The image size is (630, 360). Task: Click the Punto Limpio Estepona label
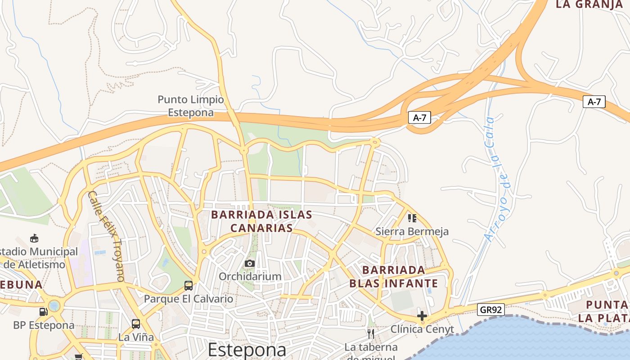pyautogui.click(x=190, y=106)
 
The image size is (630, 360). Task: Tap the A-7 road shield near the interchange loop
pyautogui.click(x=419, y=118)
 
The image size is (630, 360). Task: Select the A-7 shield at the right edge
pyautogui.click(x=594, y=102)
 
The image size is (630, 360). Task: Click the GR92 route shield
pyautogui.click(x=491, y=310)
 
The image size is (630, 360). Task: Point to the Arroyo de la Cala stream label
pyautogui.click(x=496, y=179)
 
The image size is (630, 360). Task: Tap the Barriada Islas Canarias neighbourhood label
pyautogui.click(x=261, y=221)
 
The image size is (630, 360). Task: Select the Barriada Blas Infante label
pyautogui.click(x=394, y=276)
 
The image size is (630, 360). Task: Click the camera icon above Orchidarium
pyautogui.click(x=250, y=263)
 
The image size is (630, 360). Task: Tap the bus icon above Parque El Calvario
pyautogui.click(x=189, y=285)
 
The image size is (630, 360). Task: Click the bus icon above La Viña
pyautogui.click(x=136, y=324)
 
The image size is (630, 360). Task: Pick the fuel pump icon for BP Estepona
pyautogui.click(x=43, y=311)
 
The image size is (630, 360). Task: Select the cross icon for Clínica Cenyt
pyautogui.click(x=422, y=316)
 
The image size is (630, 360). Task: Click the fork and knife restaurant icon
pyautogui.click(x=371, y=333)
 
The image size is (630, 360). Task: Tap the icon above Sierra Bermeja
pyautogui.click(x=412, y=218)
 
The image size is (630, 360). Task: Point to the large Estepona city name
pyautogui.click(x=247, y=350)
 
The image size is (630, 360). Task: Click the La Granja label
pyautogui.click(x=589, y=4)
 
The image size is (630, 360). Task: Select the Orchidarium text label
pyautogui.click(x=250, y=276)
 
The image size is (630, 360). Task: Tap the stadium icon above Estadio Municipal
pyautogui.click(x=34, y=238)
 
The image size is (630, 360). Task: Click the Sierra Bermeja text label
pyautogui.click(x=412, y=232)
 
